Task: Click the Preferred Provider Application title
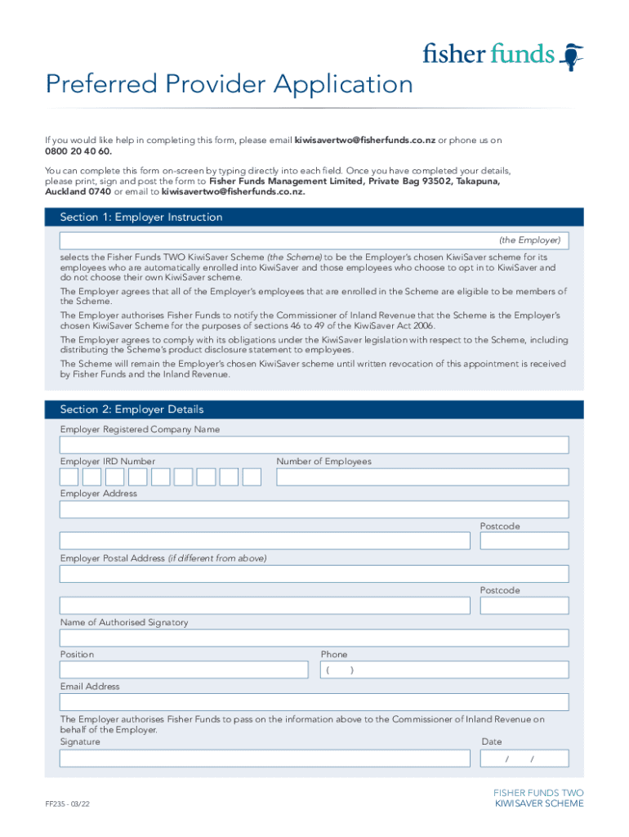230,84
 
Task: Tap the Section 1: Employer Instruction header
141,217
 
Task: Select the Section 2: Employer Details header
132,410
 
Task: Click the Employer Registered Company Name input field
314,445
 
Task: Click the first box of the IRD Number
69,477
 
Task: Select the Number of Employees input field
422,477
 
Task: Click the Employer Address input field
314,509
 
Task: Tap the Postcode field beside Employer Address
524,541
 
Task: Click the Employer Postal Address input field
314,573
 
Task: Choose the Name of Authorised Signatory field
314,638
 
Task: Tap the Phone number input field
444,670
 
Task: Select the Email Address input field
314,702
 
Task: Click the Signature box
265,759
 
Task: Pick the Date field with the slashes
524,759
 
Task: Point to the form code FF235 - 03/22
67,804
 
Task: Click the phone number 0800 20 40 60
78,151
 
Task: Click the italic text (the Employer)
529,240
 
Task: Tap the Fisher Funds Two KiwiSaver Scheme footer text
538,799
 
